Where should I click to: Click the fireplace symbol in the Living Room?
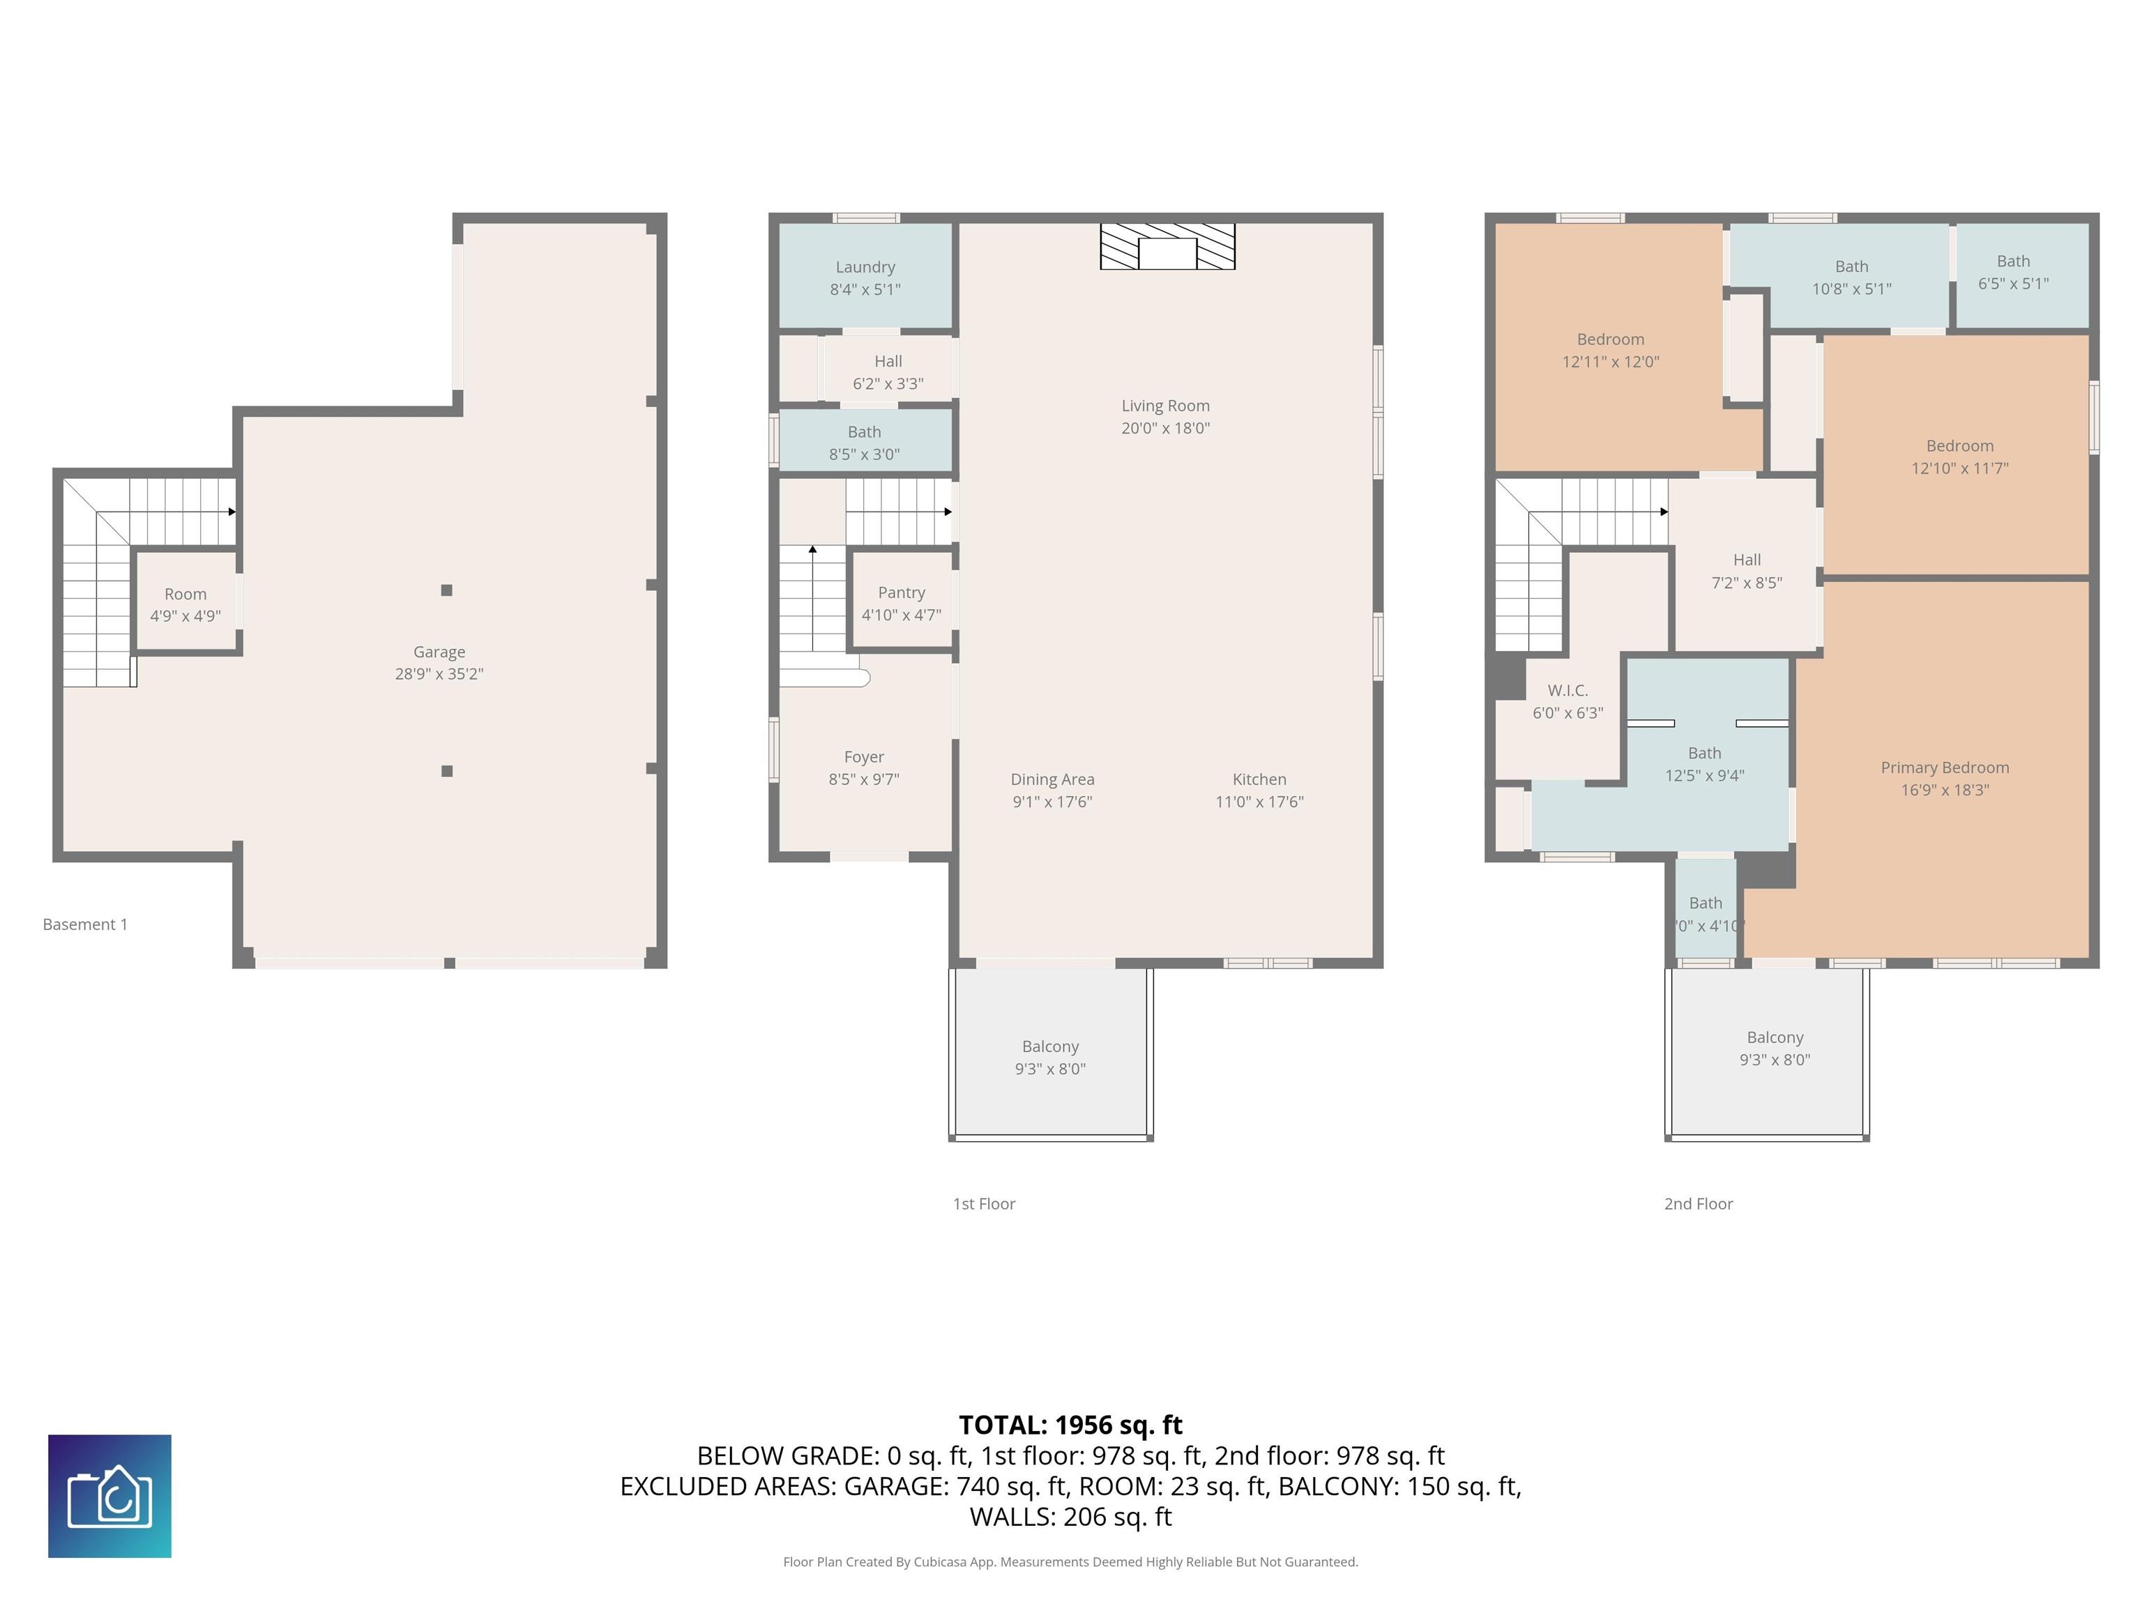coord(1168,247)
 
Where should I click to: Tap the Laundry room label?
coord(865,267)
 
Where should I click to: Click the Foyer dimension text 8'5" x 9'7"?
coord(864,779)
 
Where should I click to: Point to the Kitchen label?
coord(1259,779)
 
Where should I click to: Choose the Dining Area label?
coord(1053,779)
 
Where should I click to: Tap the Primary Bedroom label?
coord(1945,767)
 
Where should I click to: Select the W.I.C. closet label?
coord(1567,690)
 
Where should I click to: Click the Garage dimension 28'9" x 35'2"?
coord(439,674)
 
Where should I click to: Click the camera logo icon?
coord(109,1496)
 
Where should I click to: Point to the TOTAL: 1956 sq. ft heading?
coord(1070,1425)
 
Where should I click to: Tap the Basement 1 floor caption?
coord(85,924)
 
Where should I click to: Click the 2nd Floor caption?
coord(1699,1203)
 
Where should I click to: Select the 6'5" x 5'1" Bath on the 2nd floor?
coord(2022,275)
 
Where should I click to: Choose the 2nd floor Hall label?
coord(1747,560)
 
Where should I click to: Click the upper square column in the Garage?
coord(446,590)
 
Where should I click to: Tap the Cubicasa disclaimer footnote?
coord(1070,1561)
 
